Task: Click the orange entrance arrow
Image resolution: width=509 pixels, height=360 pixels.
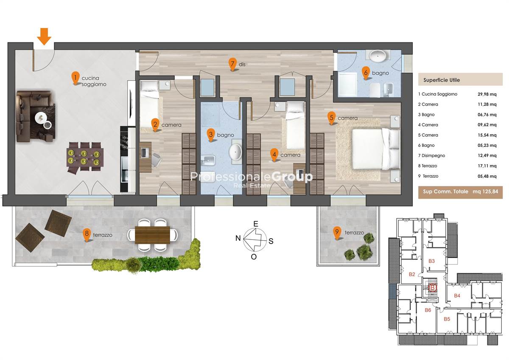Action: [x=44, y=37]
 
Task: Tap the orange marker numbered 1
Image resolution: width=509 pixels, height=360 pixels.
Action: [x=76, y=78]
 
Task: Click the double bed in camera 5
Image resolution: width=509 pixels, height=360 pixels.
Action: [x=375, y=149]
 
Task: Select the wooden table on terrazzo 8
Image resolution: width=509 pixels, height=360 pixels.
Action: [x=152, y=235]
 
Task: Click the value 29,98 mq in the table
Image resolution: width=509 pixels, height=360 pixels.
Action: [x=487, y=94]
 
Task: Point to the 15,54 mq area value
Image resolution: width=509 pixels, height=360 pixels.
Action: [x=487, y=135]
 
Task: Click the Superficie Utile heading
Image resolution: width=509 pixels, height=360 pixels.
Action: [x=442, y=80]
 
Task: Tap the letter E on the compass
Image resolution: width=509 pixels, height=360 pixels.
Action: [x=256, y=224]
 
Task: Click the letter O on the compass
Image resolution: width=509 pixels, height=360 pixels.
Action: [x=254, y=257]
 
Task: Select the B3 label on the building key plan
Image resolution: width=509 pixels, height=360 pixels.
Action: [x=431, y=261]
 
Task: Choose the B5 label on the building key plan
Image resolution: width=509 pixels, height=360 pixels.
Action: [x=447, y=319]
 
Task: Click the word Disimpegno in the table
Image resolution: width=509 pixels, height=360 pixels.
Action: [x=433, y=156]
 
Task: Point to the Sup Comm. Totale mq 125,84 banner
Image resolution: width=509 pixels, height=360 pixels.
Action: [x=460, y=192]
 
